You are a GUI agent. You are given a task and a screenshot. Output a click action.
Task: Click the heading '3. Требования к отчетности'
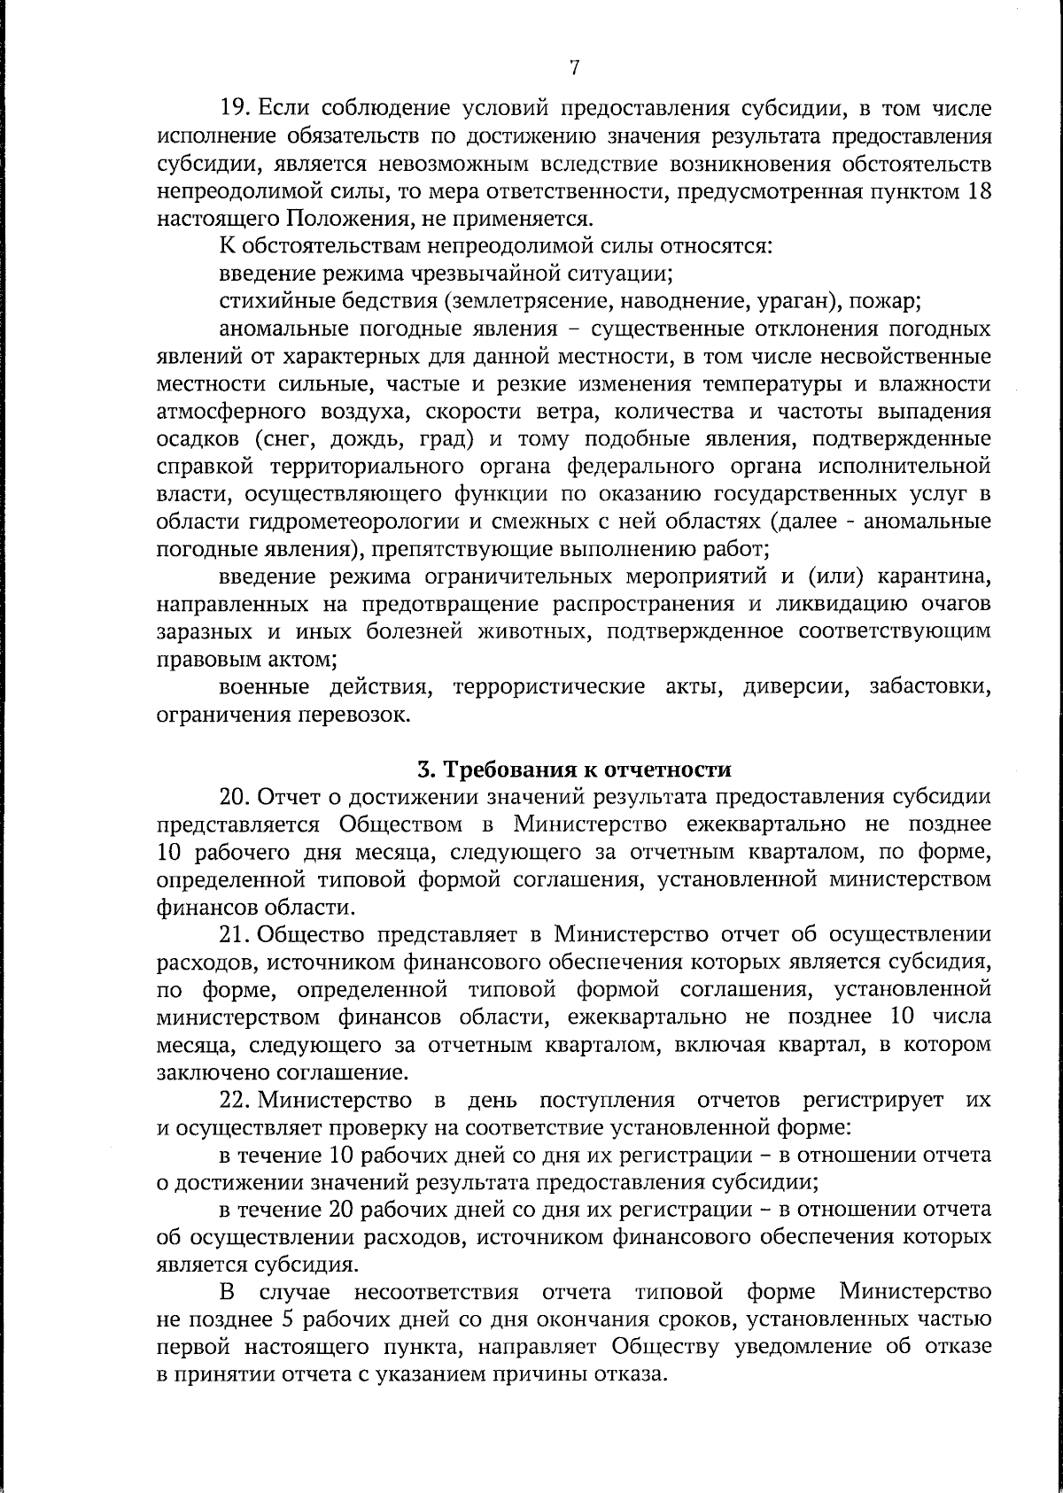point(574,767)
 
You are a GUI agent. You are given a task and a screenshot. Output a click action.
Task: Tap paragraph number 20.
point(236,796)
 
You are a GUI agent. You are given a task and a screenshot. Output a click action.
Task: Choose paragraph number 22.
point(236,1101)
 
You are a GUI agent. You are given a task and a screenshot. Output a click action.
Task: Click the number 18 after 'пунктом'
point(975,190)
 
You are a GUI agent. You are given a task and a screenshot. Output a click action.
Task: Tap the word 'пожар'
point(886,301)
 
